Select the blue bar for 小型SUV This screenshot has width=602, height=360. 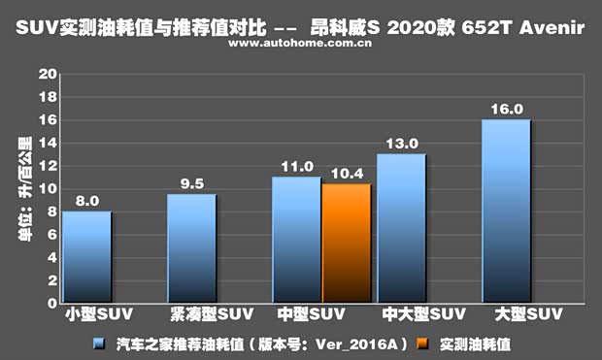[86, 257]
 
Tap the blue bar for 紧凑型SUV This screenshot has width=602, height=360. [191, 248]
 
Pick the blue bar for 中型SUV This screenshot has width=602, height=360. [296, 240]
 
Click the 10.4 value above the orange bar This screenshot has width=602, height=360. [347, 173]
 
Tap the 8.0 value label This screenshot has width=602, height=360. [86, 201]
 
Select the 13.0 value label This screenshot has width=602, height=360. [401, 144]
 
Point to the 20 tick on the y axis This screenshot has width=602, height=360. [45, 75]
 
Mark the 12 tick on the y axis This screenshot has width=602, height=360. [45, 166]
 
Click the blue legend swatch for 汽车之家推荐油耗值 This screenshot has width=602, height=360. [99, 344]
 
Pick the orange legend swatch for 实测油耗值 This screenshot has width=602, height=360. [421, 344]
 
